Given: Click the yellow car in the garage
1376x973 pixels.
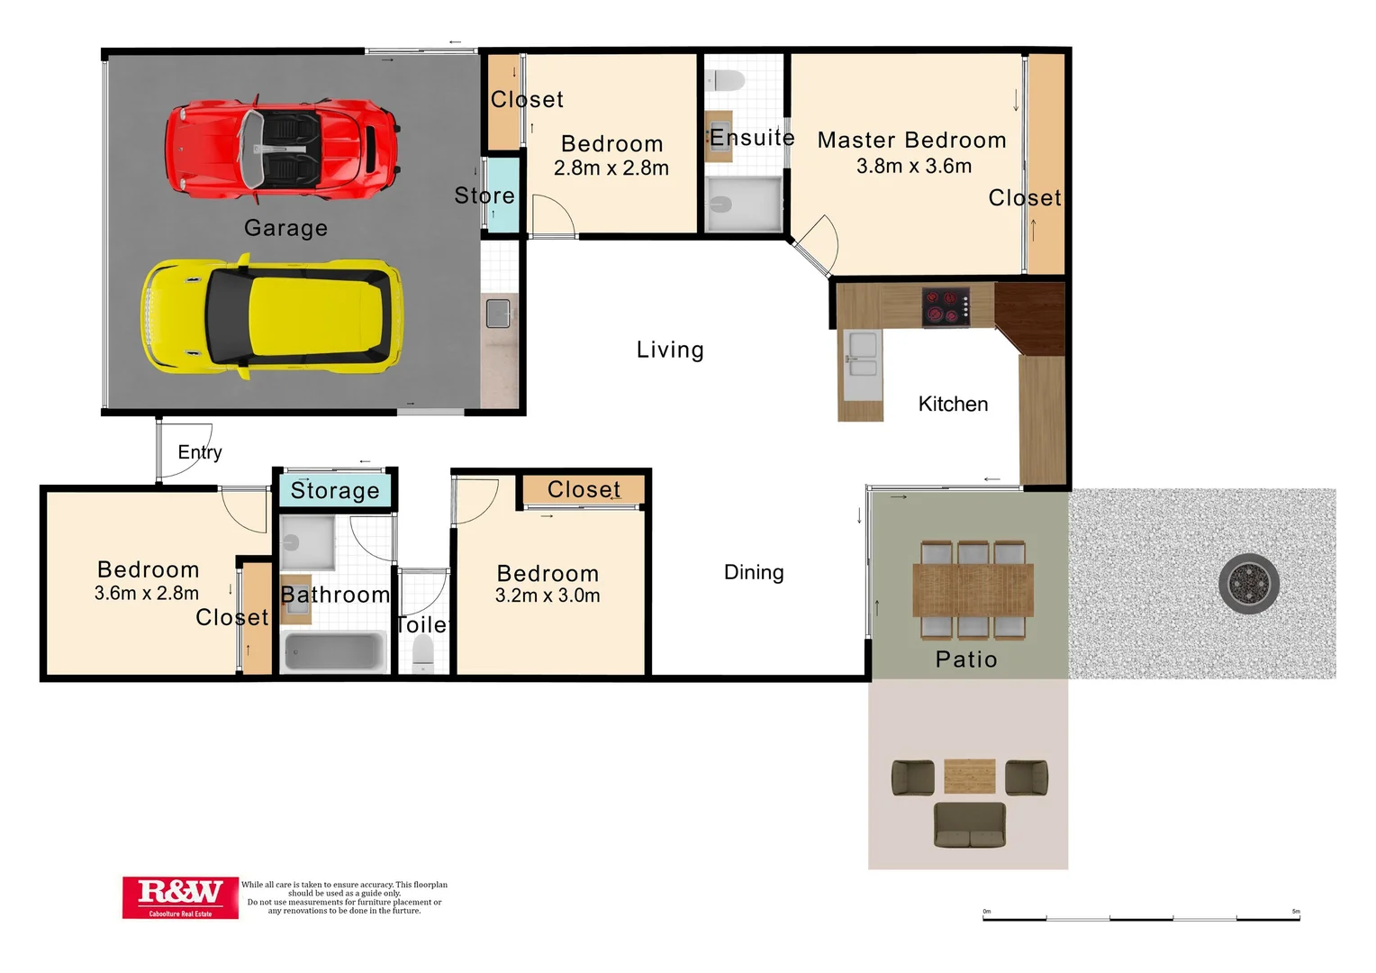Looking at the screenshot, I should tap(272, 315).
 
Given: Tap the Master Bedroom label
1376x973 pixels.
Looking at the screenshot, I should tap(911, 141).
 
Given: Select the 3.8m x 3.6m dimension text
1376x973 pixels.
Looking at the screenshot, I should tap(914, 167).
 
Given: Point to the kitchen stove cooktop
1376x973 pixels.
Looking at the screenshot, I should tap(946, 306).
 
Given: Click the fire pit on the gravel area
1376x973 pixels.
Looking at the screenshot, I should tap(1248, 584).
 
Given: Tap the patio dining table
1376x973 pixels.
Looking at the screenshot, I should tap(973, 590).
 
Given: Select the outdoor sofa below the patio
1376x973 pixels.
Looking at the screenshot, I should tap(970, 825).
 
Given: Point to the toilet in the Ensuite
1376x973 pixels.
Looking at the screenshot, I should tap(726, 81).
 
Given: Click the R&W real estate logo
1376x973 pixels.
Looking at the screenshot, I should tap(180, 897).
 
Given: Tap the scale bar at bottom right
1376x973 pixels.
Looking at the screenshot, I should tap(1141, 917).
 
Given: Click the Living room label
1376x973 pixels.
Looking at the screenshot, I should tap(670, 350).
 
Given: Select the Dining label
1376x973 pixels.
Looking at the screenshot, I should tap(754, 572).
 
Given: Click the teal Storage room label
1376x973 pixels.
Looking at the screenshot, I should tap(335, 491).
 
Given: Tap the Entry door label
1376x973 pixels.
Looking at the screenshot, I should tap(200, 452).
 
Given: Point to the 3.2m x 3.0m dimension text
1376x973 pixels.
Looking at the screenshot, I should tap(548, 596).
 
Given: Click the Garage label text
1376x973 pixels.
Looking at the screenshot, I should tap(285, 228).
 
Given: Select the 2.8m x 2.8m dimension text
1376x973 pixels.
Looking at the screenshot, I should tap(611, 168).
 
